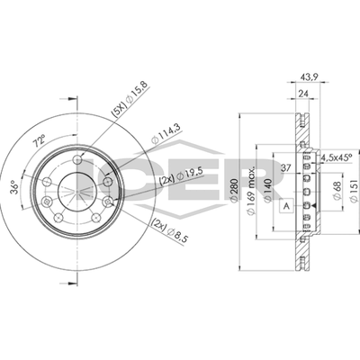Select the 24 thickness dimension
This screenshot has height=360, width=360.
[x=303, y=94]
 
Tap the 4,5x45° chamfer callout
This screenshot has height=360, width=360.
[x=337, y=157]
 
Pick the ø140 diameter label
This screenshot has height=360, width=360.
[x=268, y=190]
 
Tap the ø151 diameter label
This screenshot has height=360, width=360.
[x=354, y=191]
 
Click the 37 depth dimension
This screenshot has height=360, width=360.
[x=287, y=168]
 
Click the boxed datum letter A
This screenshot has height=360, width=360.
[x=286, y=206]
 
